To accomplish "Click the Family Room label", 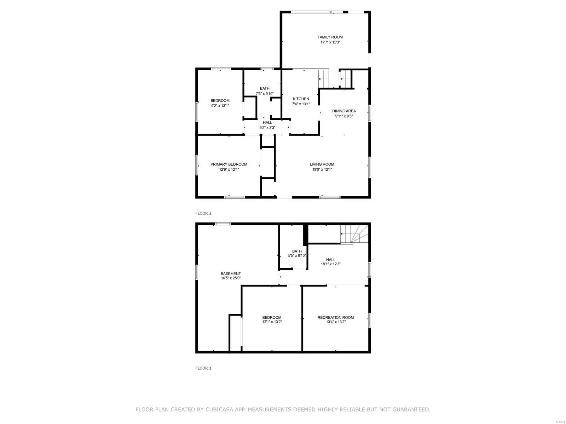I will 330,37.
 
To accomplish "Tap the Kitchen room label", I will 301,99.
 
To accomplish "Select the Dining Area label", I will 344,111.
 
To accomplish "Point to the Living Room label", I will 322,164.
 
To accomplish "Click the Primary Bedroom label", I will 229,164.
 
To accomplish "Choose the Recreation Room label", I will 336,317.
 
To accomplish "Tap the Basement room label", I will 231,273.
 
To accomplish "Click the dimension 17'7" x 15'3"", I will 330,42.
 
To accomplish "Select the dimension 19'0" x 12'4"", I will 322,170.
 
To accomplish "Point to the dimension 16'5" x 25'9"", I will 231,278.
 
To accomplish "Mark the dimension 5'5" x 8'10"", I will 297,255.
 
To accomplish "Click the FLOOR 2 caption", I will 203,213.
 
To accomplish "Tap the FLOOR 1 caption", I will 203,368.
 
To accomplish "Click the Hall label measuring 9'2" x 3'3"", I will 267,123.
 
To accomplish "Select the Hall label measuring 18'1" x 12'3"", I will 331,260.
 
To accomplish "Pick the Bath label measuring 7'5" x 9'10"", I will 265,88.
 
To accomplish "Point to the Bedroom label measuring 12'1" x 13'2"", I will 272,317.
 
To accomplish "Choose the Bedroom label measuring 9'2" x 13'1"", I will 220,101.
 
